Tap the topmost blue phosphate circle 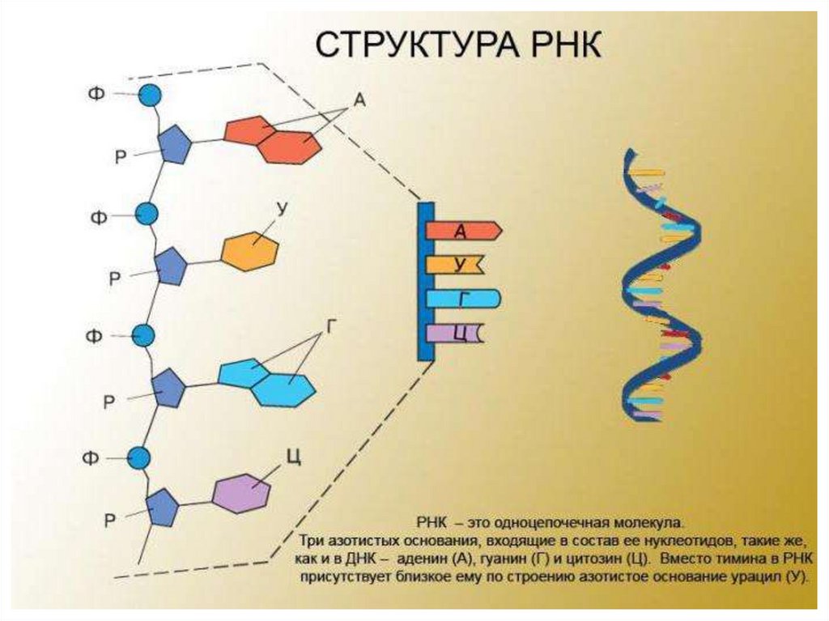coord(150,96)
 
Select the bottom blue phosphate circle coord(140,458)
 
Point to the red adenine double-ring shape coord(273,138)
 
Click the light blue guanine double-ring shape coord(266,381)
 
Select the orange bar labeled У coord(456,264)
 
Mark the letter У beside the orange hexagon coord(283,209)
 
